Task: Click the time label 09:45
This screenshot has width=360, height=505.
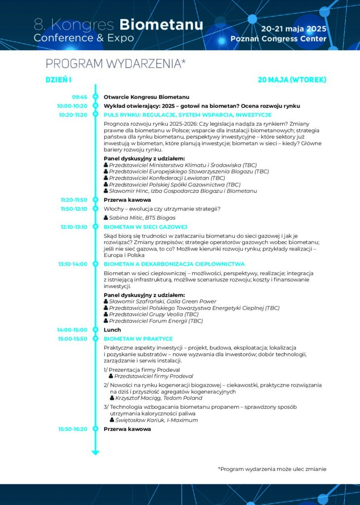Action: click(x=79, y=97)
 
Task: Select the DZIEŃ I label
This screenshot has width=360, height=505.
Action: click(x=59, y=80)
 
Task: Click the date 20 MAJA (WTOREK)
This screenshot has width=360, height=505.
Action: click(x=292, y=80)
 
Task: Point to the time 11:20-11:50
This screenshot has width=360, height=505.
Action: click(x=73, y=200)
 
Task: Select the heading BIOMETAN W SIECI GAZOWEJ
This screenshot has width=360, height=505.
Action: click(x=145, y=227)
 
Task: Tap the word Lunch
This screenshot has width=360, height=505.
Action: click(x=112, y=329)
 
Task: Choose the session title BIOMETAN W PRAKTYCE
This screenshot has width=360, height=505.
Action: click(x=138, y=339)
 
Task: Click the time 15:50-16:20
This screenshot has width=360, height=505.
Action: click(x=72, y=429)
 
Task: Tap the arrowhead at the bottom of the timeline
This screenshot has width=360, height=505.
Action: click(x=96, y=452)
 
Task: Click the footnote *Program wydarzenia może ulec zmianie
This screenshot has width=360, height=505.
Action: click(x=272, y=469)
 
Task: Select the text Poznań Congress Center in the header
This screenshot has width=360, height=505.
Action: click(x=278, y=39)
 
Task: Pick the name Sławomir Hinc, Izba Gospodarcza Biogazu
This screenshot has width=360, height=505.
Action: click(x=182, y=191)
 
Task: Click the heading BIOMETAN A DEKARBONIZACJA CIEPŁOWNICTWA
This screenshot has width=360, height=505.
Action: click(x=174, y=264)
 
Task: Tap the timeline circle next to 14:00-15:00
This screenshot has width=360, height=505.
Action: click(x=96, y=329)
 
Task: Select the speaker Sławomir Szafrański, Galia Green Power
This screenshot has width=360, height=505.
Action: click(x=162, y=301)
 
